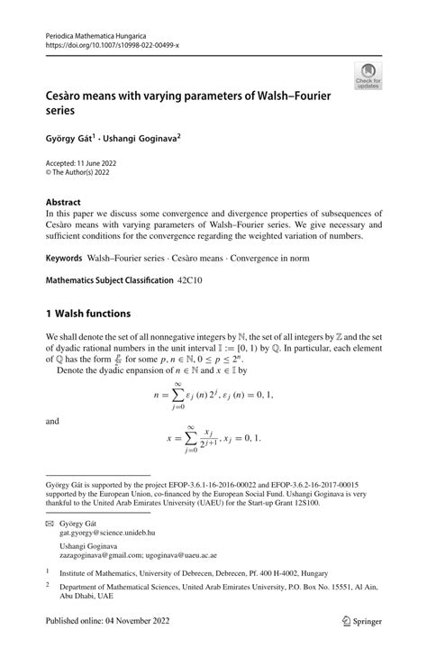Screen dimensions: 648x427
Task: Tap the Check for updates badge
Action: click(x=367, y=76)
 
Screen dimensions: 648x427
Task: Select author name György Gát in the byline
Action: click(x=75, y=140)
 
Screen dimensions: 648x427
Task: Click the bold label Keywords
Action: click(x=65, y=258)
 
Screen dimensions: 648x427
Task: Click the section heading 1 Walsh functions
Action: click(x=88, y=314)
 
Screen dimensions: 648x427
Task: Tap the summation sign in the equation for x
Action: click(x=190, y=438)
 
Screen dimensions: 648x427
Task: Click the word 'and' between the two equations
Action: click(x=52, y=420)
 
